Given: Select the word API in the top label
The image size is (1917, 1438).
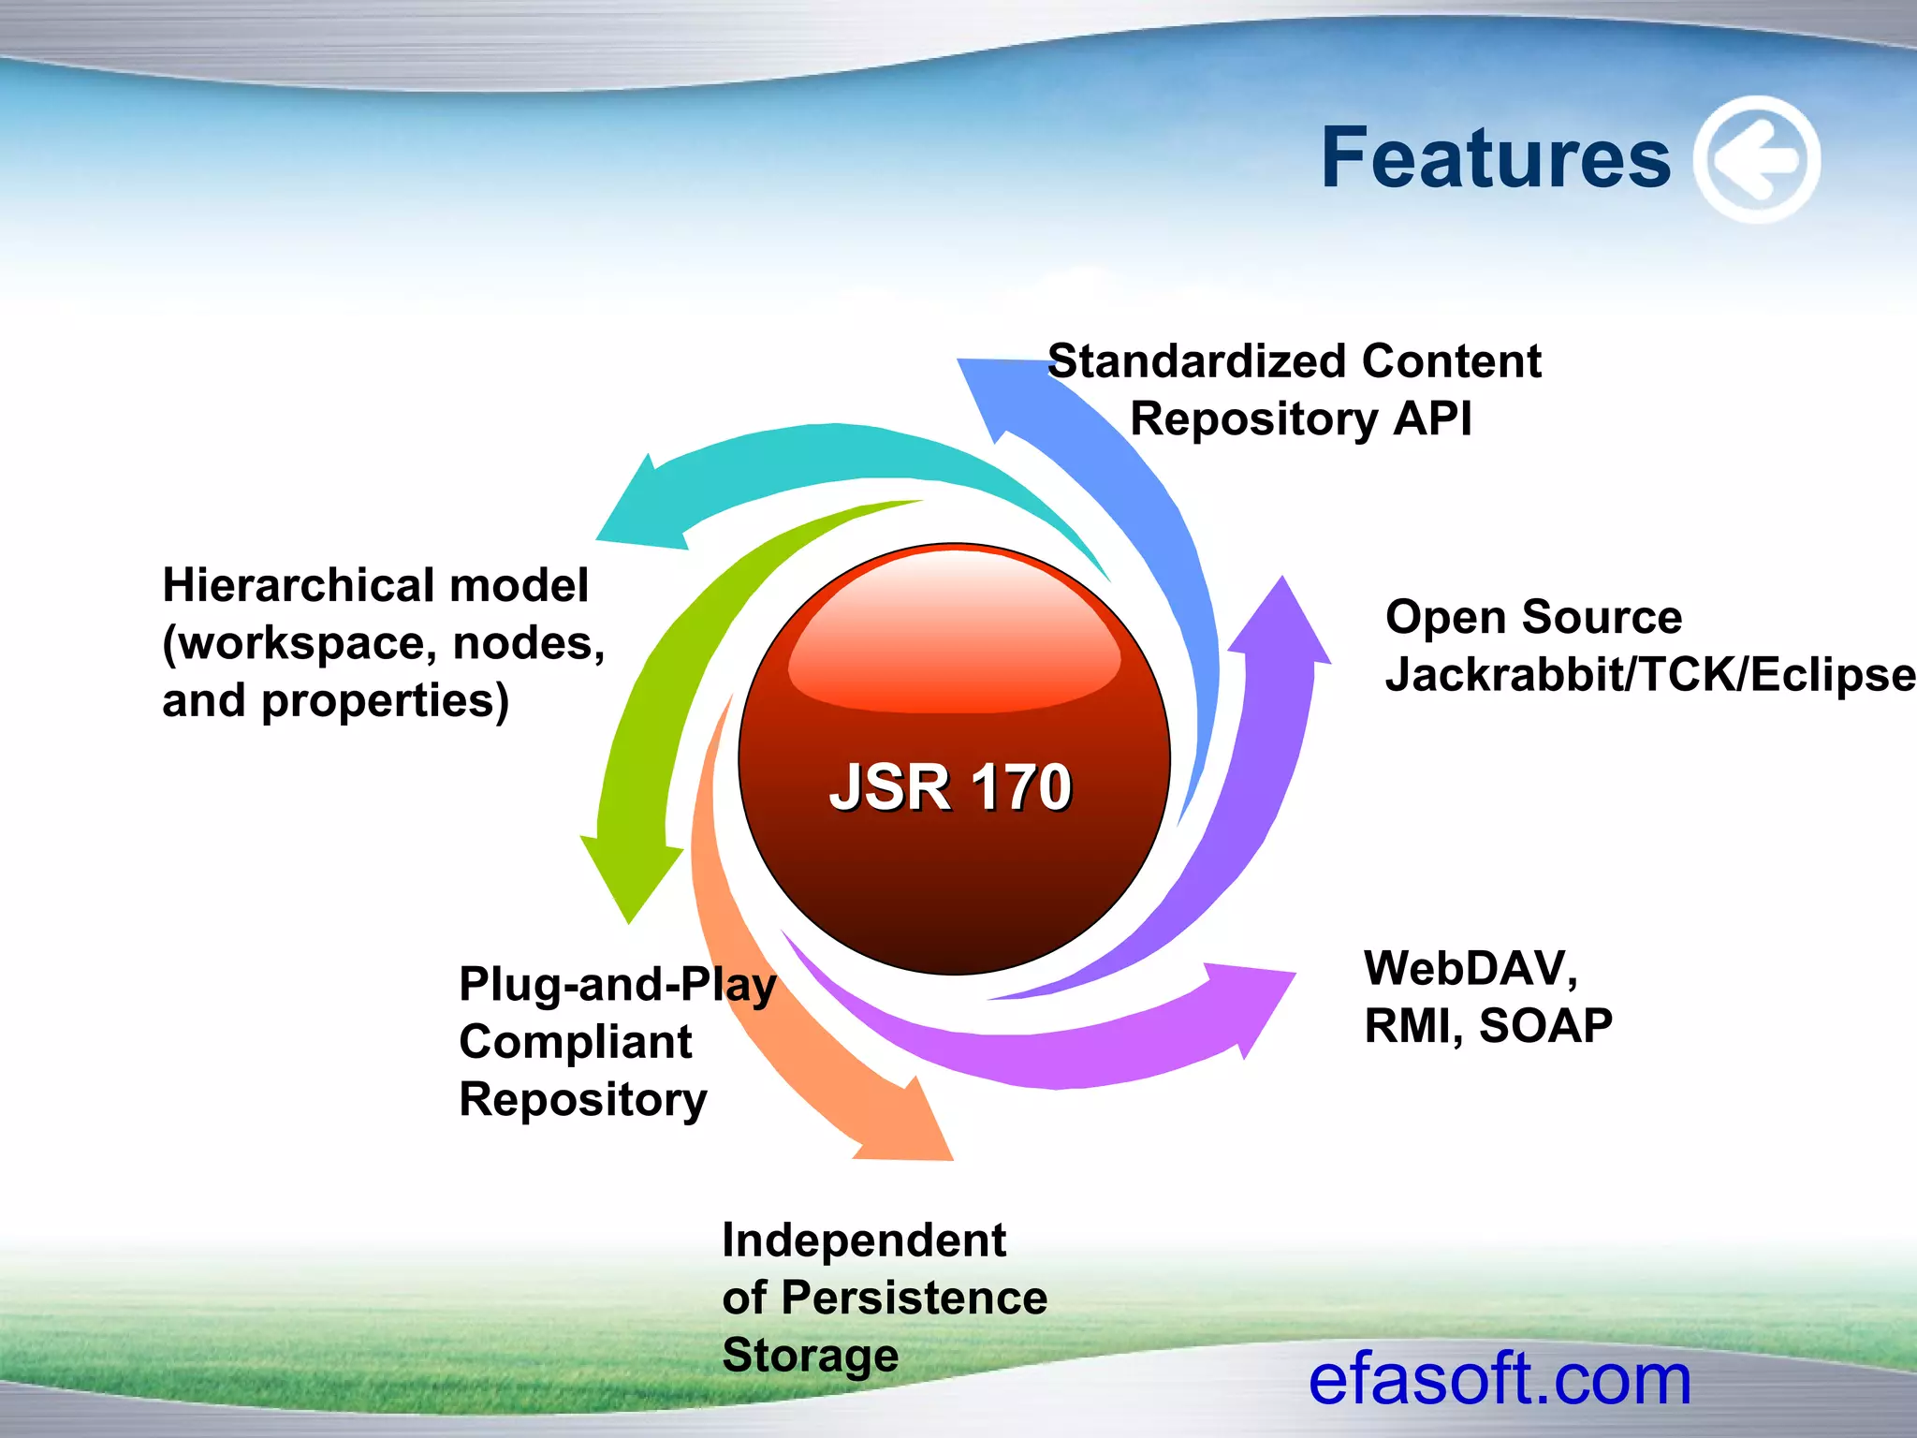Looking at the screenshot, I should click(1432, 418).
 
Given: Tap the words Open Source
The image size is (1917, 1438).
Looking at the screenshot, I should click(1533, 617).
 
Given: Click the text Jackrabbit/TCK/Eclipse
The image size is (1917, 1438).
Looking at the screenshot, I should click(1649, 674).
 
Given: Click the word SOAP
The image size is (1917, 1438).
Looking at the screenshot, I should click(1545, 1026).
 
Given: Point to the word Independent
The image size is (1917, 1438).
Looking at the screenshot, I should click(863, 1240).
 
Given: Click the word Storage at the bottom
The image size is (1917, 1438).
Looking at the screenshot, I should click(810, 1356).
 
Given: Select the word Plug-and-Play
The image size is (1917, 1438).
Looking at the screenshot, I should click(617, 985).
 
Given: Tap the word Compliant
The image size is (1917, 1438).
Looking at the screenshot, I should click(575, 1042).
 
